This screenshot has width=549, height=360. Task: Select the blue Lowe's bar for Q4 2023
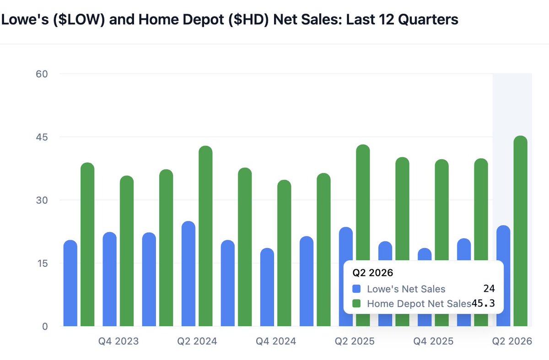coord(109,279)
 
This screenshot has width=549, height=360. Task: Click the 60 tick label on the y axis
coord(42,74)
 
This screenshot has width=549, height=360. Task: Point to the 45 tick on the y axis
coord(42,137)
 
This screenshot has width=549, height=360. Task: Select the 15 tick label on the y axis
coord(42,263)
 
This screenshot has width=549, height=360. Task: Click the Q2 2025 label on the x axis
coord(355,341)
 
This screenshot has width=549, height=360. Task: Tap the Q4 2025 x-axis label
coord(433,341)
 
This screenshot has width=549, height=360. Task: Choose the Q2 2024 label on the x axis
coord(197,341)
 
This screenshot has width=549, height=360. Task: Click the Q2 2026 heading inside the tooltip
coord(373,273)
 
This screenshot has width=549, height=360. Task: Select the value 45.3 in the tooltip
coord(484,303)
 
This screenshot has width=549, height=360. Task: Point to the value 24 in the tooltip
coord(489,289)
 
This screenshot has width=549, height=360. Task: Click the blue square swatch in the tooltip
coord(357,289)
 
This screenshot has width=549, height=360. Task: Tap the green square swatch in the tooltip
coord(357,303)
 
